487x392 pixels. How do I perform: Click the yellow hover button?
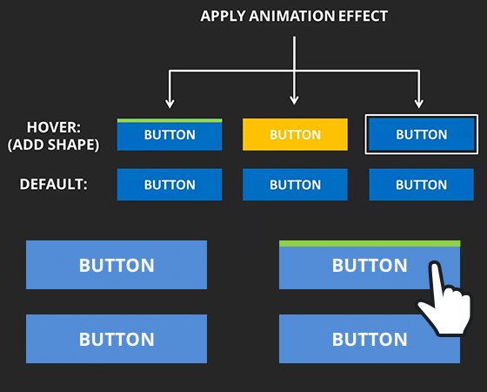click(295, 134)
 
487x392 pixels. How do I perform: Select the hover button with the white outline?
click(422, 134)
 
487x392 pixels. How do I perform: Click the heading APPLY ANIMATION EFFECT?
click(294, 17)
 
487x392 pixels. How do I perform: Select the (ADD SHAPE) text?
click(53, 145)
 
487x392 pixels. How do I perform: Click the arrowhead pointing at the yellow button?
click(295, 100)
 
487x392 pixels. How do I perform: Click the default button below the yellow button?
click(295, 185)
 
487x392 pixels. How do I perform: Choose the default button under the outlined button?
click(422, 185)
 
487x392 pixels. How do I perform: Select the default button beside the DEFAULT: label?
click(170, 185)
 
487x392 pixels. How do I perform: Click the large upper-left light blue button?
click(117, 265)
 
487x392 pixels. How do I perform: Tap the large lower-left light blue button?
click(117, 339)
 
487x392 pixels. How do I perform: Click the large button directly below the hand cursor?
click(369, 339)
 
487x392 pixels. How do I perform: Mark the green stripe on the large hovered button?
click(369, 243)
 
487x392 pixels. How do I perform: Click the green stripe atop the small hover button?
click(170, 120)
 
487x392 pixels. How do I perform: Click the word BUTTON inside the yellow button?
click(295, 135)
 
